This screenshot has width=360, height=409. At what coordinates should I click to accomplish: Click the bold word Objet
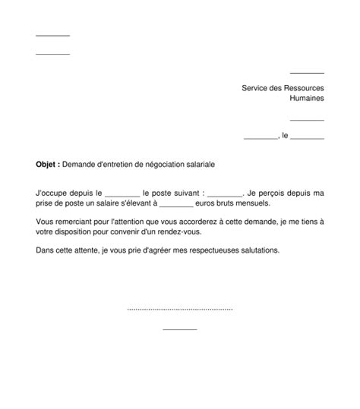(x=46, y=164)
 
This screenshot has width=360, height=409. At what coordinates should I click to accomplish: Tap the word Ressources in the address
(x=302, y=88)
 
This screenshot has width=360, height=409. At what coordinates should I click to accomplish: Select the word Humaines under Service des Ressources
(x=307, y=99)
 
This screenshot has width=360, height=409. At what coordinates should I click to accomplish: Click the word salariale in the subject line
(x=194, y=164)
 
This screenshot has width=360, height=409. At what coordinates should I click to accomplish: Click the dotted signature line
(x=180, y=310)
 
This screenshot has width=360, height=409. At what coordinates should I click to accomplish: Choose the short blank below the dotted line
(x=180, y=329)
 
